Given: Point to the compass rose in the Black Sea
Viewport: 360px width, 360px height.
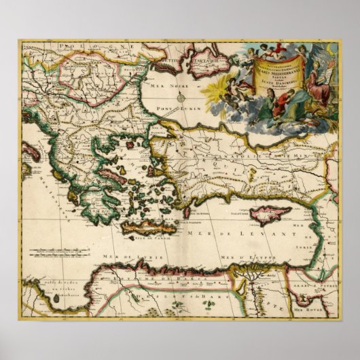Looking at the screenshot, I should click(x=182, y=97).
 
